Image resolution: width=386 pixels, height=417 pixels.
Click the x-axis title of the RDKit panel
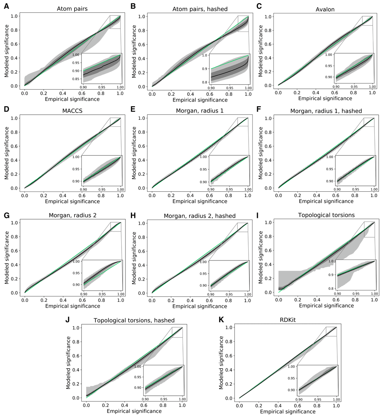tap(288, 412)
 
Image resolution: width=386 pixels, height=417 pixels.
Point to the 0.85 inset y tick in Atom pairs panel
tap(77, 78)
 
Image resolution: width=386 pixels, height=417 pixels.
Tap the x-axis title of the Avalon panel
tap(325, 99)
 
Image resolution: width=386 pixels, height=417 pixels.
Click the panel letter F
tap(261, 110)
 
